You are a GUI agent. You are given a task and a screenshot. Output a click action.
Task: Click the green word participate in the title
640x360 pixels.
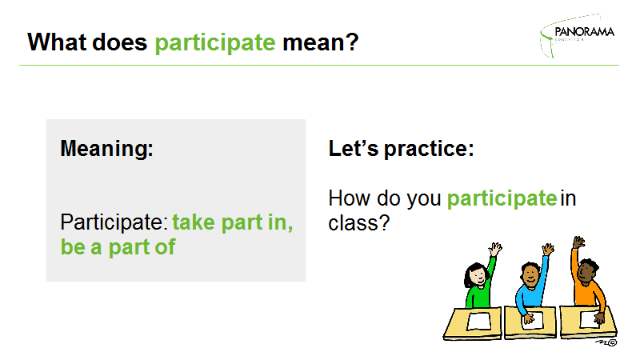(215, 43)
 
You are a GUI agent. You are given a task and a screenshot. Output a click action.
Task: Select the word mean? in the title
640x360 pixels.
(321, 42)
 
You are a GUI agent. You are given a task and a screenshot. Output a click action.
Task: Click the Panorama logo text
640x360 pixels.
(584, 32)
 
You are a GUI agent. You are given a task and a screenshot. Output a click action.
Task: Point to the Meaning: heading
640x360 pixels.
(106, 148)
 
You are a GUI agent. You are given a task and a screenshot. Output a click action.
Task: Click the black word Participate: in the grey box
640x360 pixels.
(114, 223)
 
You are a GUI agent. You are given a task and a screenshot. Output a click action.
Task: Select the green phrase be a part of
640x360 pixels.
(118, 247)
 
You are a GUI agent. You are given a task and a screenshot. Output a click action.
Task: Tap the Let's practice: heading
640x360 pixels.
(401, 149)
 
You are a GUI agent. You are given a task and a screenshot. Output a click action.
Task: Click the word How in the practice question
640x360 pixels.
(350, 198)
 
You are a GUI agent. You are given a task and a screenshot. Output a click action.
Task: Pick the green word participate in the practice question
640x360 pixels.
(502, 199)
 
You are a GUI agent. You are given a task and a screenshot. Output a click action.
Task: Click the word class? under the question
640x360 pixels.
(359, 223)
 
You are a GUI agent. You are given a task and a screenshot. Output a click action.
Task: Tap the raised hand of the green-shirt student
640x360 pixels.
(495, 249)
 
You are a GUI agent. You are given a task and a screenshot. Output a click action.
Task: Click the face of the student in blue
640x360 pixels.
(531, 274)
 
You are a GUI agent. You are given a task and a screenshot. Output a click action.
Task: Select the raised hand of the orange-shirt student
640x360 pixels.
(578, 242)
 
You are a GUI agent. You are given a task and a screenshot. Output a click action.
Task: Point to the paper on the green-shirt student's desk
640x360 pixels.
(479, 322)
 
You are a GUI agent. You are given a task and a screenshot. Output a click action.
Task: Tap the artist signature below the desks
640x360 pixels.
(606, 342)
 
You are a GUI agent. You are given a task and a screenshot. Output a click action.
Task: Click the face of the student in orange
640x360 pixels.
(585, 271)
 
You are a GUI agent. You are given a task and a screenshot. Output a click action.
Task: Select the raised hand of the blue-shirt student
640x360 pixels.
(548, 249)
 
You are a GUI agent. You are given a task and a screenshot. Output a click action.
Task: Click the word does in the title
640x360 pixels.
(119, 42)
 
